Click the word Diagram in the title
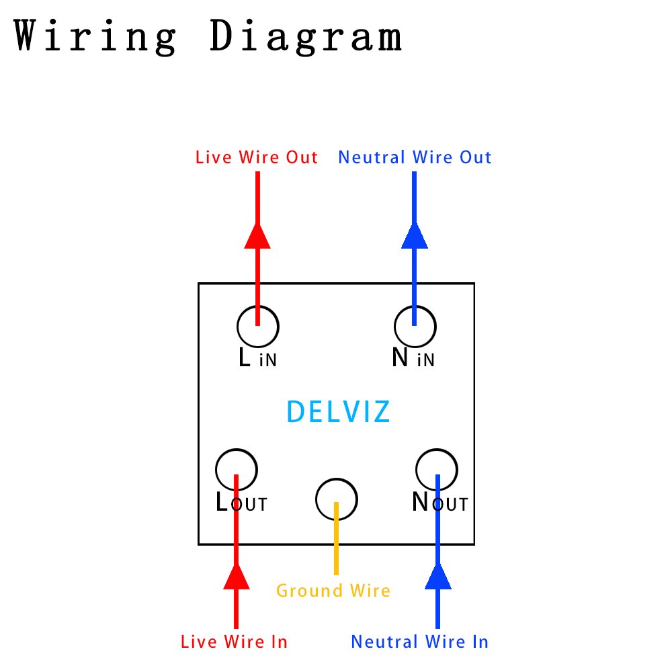(306, 37)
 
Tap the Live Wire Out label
(257, 158)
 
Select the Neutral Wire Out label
(415, 158)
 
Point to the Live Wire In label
(234, 642)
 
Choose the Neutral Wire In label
(419, 642)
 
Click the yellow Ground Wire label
(333, 591)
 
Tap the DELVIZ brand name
(338, 412)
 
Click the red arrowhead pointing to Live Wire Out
(257, 235)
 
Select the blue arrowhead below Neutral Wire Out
(415, 235)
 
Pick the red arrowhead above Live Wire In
(236, 576)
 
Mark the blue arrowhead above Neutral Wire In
(438, 576)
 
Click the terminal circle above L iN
(258, 326)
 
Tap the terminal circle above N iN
(415, 326)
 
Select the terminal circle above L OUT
(237, 469)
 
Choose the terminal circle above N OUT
(437, 468)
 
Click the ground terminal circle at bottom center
(337, 499)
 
